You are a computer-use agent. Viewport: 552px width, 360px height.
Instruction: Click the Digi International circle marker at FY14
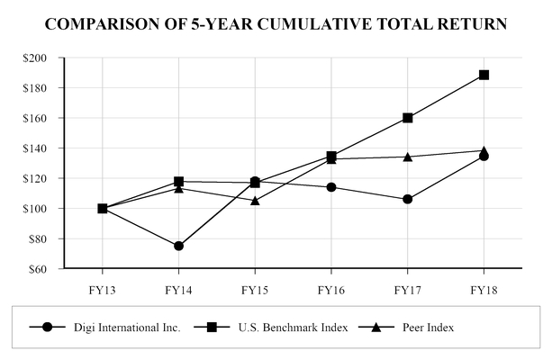pyautogui.click(x=178, y=246)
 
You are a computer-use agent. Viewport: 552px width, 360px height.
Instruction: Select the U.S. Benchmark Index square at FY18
pyautogui.click(x=484, y=75)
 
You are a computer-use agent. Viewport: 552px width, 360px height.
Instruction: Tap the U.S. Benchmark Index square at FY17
pyautogui.click(x=408, y=118)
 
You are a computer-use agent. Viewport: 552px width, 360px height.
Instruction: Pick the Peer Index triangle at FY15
pyautogui.click(x=255, y=200)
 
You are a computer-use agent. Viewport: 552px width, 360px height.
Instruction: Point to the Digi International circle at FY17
pyautogui.click(x=408, y=199)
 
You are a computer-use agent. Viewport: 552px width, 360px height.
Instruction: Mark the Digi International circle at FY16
pyautogui.click(x=331, y=187)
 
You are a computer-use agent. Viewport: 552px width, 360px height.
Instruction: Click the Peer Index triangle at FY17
pyautogui.click(x=408, y=156)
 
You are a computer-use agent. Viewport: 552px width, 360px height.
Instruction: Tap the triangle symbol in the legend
pyautogui.click(x=373, y=327)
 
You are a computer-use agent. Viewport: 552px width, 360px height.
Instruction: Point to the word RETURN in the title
pyautogui.click(x=471, y=22)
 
